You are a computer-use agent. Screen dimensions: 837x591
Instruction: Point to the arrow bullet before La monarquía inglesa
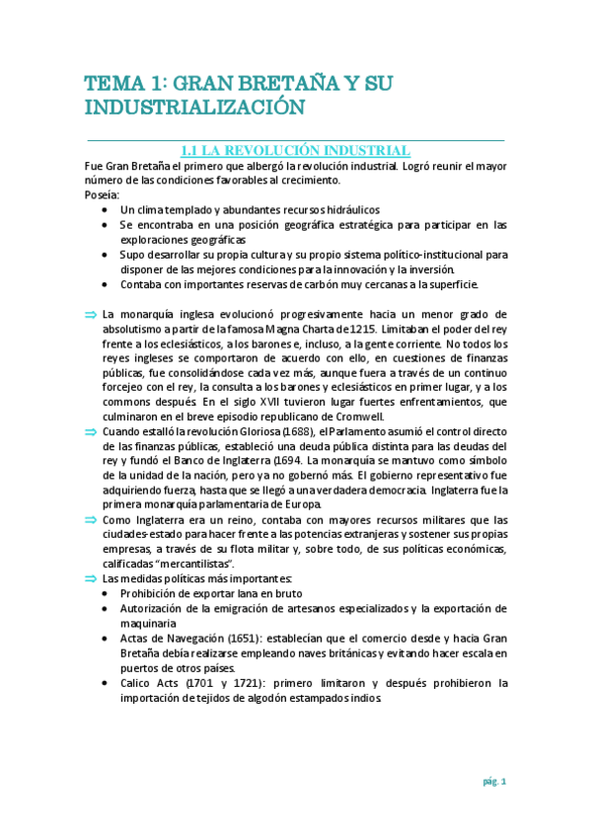[92, 314]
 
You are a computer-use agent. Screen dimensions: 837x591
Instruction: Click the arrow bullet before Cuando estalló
[92, 431]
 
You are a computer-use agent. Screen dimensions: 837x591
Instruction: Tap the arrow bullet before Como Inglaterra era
[92, 519]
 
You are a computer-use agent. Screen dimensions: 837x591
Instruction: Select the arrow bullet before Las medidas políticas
[92, 578]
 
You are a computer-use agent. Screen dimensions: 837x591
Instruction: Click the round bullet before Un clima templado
[108, 210]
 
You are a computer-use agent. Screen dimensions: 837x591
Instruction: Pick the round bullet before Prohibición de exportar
[108, 594]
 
